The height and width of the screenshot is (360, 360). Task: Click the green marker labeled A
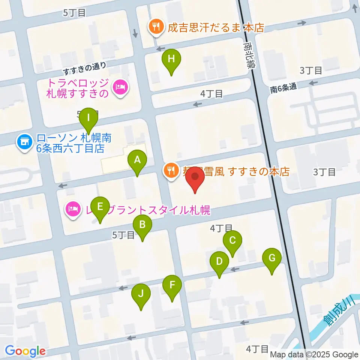point(137,161)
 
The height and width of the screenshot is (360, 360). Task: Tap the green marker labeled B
point(142,225)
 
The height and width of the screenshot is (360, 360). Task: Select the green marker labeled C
point(232,240)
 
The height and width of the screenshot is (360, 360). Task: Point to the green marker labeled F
point(172,285)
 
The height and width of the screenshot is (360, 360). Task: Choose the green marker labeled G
point(272,258)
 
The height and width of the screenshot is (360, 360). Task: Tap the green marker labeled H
point(171,59)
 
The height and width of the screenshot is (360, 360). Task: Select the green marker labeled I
point(88,118)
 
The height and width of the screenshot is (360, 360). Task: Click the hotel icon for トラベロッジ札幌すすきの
point(120,87)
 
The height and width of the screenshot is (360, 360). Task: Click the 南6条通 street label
point(283,88)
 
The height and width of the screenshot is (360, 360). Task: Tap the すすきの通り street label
point(84,67)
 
